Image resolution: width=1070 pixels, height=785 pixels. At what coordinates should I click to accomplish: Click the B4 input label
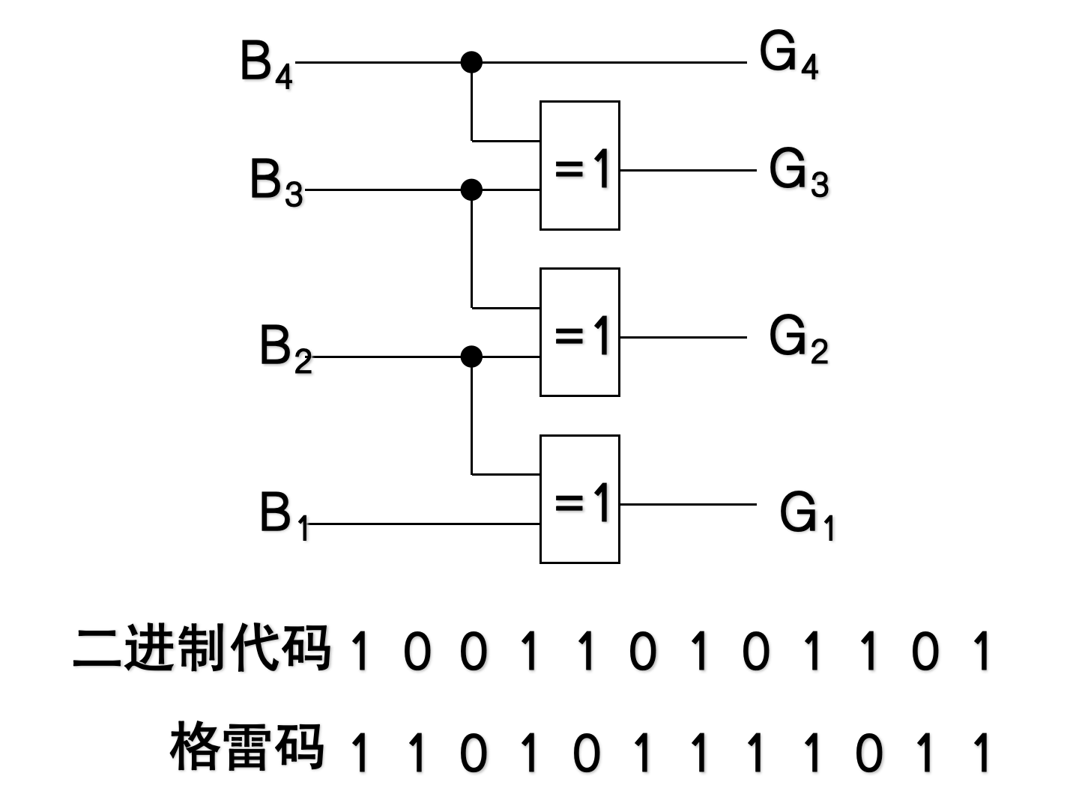[x=266, y=64]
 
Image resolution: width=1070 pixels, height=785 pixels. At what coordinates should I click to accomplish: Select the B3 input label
[x=276, y=182]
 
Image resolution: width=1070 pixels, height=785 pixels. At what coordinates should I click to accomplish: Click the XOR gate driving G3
[x=580, y=166]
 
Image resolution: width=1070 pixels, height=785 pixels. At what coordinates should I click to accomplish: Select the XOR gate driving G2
[x=580, y=332]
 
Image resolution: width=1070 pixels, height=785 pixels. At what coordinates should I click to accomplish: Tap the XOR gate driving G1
[x=580, y=499]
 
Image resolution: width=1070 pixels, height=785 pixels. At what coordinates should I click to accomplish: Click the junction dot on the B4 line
[x=471, y=62]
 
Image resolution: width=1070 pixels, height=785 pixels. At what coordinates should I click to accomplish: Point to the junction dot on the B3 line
[x=471, y=190]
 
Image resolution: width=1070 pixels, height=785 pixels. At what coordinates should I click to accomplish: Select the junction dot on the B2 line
[x=471, y=357]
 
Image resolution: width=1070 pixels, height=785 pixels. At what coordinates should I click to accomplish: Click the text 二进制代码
[x=202, y=648]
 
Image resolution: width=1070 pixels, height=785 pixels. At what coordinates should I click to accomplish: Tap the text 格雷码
[x=247, y=747]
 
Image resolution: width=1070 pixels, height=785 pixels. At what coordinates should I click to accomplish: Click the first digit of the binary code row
[x=361, y=652]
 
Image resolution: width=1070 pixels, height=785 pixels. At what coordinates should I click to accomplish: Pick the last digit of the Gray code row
[x=982, y=752]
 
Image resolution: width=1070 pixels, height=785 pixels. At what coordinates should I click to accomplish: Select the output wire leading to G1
[x=688, y=504]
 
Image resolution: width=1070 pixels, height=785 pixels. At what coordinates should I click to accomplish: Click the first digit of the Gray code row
[x=361, y=752]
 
